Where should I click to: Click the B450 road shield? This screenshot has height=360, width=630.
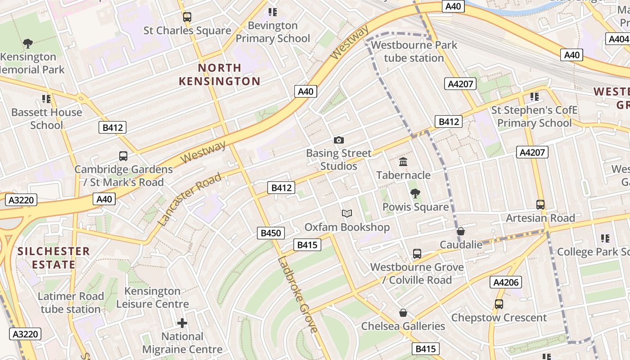pyautogui.click(x=271, y=233)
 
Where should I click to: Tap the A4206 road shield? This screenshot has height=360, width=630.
pyautogui.click(x=506, y=283)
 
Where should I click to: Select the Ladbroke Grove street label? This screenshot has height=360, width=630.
pyautogui.click(x=297, y=294)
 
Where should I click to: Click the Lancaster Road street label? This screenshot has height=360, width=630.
pyautogui.click(x=190, y=199)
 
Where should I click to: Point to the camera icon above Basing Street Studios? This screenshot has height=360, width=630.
pyautogui.click(x=339, y=140)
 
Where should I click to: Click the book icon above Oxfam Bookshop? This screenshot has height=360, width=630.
pyautogui.click(x=346, y=214)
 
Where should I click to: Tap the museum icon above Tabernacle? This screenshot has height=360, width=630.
pyautogui.click(x=403, y=162)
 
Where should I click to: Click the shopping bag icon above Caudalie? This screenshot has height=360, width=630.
pyautogui.click(x=460, y=232)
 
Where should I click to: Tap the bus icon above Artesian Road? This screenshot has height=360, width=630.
pyautogui.click(x=540, y=205)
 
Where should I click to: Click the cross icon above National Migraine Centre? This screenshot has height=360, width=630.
pyautogui.click(x=182, y=323)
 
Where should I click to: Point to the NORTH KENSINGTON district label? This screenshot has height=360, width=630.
pyautogui.click(x=220, y=75)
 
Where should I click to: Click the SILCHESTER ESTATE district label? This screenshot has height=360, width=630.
pyautogui.click(x=54, y=258)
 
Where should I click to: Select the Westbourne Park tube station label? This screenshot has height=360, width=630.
pyautogui.click(x=414, y=51)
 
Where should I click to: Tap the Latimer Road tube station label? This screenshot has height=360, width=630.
pyautogui.click(x=71, y=303)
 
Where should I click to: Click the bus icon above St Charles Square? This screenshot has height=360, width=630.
pyautogui.click(x=187, y=17)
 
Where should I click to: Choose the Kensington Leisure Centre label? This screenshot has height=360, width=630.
pyautogui.click(x=153, y=297)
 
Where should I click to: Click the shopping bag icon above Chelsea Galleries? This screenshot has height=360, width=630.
pyautogui.click(x=403, y=313)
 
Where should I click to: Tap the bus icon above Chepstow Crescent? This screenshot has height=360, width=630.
pyautogui.click(x=499, y=304)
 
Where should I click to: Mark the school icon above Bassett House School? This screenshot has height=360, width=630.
pyautogui.click(x=46, y=99)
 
